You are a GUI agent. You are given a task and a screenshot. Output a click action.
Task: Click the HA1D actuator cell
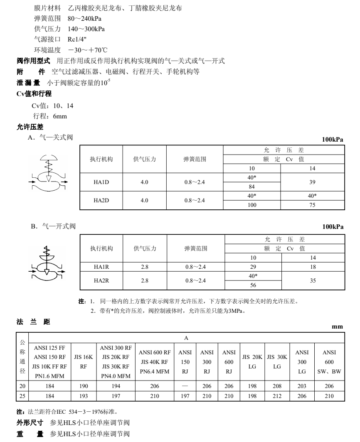101,182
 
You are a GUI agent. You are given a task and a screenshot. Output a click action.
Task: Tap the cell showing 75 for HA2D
312,205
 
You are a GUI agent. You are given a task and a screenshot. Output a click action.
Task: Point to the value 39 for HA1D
312,182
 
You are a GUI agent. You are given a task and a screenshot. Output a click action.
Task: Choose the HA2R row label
102,281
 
